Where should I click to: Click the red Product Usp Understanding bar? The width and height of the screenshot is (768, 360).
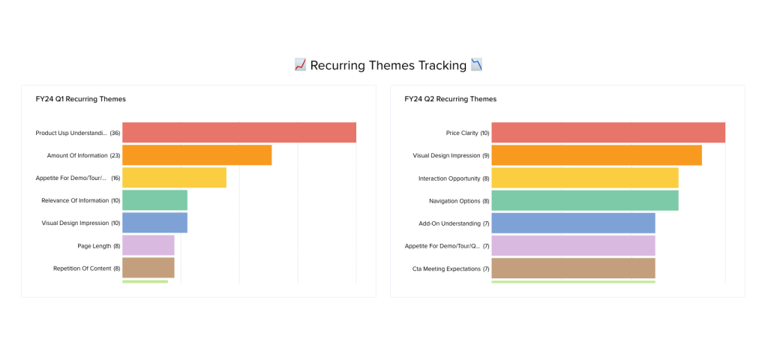(x=238, y=133)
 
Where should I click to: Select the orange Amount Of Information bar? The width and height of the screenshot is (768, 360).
(x=196, y=155)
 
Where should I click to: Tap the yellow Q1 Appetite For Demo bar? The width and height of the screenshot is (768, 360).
(x=174, y=178)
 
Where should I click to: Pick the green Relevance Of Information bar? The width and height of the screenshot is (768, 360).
(x=154, y=200)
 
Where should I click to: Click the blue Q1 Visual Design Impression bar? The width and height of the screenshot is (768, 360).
(x=154, y=223)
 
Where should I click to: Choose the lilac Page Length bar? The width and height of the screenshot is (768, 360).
(x=148, y=245)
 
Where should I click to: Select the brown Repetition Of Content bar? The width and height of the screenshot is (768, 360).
(x=148, y=268)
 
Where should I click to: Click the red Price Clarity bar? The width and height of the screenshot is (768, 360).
(x=608, y=133)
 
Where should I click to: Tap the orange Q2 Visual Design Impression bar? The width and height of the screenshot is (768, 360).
(x=596, y=155)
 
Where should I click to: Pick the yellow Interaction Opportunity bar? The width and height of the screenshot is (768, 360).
(x=585, y=178)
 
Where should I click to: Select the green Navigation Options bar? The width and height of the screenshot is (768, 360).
(x=585, y=200)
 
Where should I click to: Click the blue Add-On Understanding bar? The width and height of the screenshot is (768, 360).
(x=573, y=223)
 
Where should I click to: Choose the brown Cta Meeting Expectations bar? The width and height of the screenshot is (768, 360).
(x=573, y=268)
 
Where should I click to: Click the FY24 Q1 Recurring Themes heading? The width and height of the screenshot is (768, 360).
(x=81, y=99)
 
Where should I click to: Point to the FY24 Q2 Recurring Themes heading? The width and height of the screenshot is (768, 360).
(x=450, y=99)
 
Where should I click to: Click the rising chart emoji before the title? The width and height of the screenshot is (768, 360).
(x=300, y=65)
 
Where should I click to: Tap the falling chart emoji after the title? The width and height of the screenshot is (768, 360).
(x=476, y=65)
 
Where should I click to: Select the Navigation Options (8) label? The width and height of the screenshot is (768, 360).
(x=459, y=201)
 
